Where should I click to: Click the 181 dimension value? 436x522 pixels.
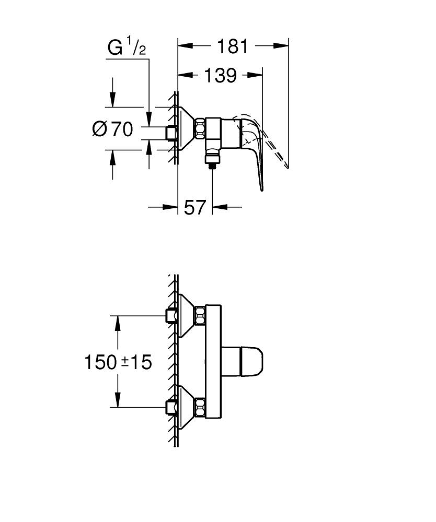[x=233, y=46]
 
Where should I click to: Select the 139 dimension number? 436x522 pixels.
[x=220, y=76]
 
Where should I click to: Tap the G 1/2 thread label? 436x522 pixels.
[x=127, y=48]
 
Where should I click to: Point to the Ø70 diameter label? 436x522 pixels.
[x=112, y=128]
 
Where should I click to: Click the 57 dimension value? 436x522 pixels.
[x=194, y=208]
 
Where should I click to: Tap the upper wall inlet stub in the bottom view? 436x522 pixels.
[x=170, y=316]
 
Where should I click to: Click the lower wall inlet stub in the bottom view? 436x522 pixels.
[x=170, y=406]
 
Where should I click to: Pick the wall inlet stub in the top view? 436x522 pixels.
[x=170, y=133]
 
